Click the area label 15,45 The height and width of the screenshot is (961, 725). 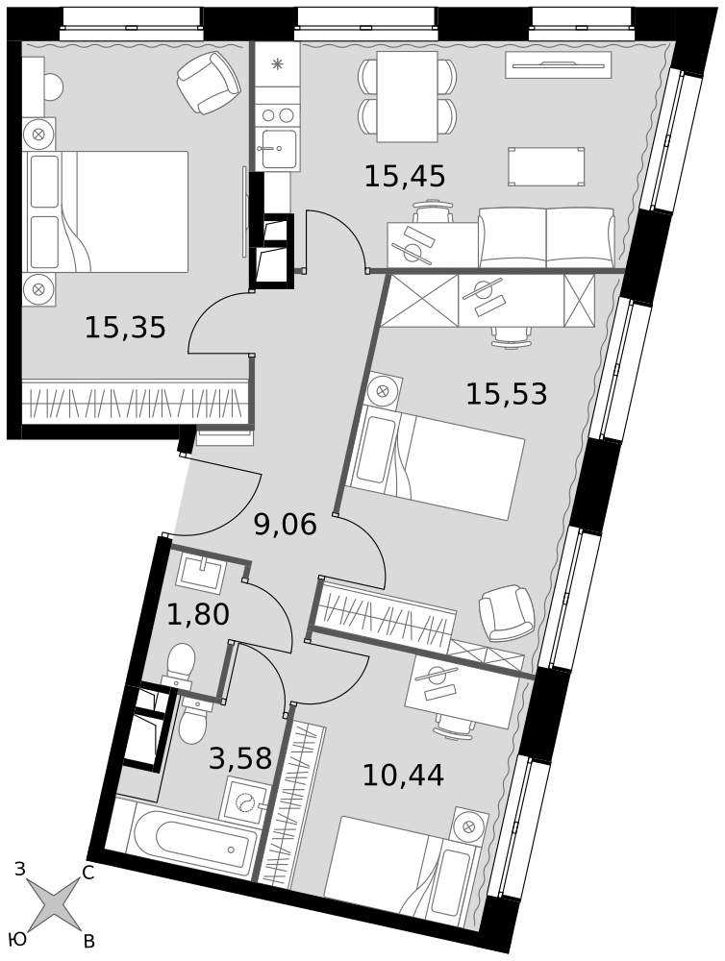click(404, 177)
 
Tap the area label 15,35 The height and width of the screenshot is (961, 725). click(125, 328)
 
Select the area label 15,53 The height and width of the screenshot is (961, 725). click(507, 393)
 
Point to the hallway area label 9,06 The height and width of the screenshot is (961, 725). click(286, 525)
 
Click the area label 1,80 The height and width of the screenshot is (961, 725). click(198, 614)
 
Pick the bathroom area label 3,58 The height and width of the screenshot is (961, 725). click(240, 758)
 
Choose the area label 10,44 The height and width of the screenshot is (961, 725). click(403, 776)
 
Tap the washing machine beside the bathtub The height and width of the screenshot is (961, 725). click(246, 799)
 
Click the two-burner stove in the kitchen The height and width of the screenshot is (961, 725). click(277, 114)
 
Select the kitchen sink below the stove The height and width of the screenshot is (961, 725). click(277, 149)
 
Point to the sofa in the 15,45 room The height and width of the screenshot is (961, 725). click(546, 237)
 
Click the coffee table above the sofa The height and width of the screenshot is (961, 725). click(546, 166)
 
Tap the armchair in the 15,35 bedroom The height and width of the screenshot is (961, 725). click(208, 82)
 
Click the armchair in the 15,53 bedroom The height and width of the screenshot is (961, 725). click(507, 613)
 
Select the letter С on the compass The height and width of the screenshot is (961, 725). click(87, 875)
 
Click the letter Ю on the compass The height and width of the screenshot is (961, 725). click(18, 939)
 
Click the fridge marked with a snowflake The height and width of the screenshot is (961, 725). click(277, 63)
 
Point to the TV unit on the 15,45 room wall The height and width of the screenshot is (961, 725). click(559, 65)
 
